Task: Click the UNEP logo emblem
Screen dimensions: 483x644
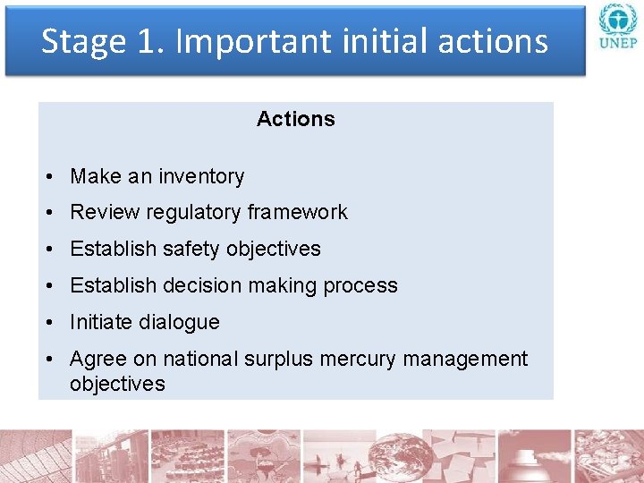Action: point(617,21)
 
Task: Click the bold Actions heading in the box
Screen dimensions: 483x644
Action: point(295,119)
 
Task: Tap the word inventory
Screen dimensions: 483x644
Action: point(201,176)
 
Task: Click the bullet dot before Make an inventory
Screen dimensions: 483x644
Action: point(55,177)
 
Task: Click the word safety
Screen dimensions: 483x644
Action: point(191,249)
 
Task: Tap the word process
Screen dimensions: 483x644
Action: point(360,285)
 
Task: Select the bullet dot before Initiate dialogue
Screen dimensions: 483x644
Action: point(55,323)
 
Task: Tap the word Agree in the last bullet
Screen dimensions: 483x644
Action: point(97,359)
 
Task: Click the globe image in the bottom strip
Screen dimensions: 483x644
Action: point(394,456)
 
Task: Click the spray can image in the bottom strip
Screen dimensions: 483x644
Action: point(534,456)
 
